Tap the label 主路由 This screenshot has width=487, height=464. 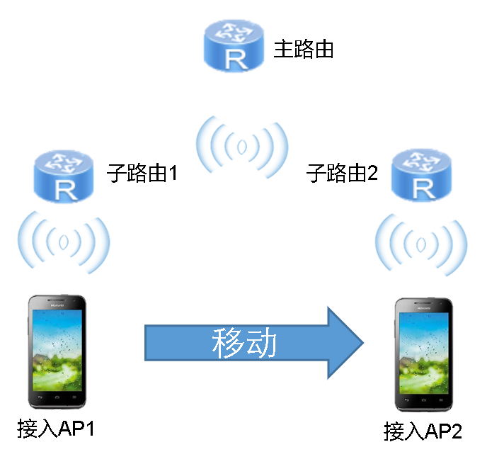click(303, 50)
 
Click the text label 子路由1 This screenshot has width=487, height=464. click(142, 173)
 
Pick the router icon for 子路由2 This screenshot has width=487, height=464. click(422, 174)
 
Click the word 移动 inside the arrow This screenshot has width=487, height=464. click(243, 344)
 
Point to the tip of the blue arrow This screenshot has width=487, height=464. click(362, 343)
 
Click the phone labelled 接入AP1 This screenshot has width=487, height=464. click(57, 354)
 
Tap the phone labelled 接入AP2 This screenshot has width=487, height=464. click(423, 356)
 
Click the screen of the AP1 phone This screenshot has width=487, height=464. click(57, 351)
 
